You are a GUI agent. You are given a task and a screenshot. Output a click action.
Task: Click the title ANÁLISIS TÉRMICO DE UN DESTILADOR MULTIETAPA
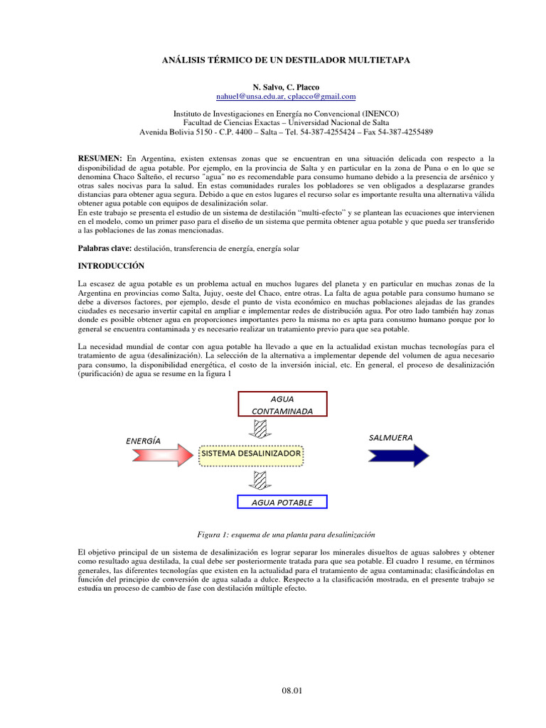[x=287, y=61]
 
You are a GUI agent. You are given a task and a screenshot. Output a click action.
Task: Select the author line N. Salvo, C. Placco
[x=286, y=87]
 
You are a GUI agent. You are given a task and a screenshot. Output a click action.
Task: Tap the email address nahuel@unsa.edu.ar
[x=249, y=96]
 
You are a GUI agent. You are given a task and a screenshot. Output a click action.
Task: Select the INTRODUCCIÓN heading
[x=110, y=266]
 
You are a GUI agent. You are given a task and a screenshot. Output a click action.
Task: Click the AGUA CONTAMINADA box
[x=282, y=404]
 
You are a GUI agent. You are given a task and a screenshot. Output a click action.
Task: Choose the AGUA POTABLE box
[x=282, y=502]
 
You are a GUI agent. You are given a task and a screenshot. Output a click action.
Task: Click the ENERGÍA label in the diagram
[x=142, y=440]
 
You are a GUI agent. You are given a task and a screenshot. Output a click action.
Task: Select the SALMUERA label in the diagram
[x=391, y=437]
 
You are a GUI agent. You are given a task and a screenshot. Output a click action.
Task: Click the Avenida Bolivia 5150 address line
[x=286, y=132]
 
